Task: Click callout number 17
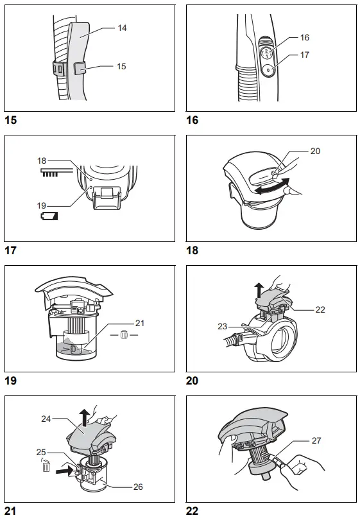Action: pyautogui.click(x=305, y=55)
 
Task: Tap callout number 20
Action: pyautogui.click(x=314, y=152)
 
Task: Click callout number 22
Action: pyautogui.click(x=320, y=309)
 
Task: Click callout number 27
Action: pyautogui.click(x=316, y=441)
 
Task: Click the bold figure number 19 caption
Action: pyautogui.click(x=10, y=381)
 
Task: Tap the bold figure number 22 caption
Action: pyautogui.click(x=192, y=512)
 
